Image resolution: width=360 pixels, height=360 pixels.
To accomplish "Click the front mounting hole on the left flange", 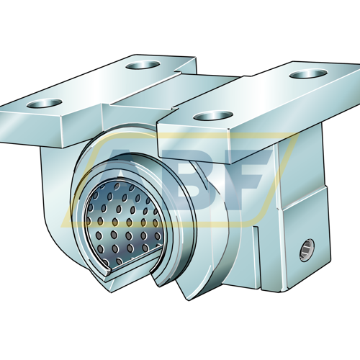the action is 45,103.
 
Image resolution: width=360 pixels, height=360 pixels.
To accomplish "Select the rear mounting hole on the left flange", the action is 143,65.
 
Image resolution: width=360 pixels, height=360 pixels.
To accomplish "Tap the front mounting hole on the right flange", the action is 213,115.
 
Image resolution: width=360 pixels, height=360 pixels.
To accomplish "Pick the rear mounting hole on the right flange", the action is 308,73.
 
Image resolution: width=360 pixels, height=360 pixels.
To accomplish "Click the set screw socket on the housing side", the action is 307,250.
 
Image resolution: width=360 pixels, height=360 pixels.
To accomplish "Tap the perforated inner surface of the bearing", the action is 125,223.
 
